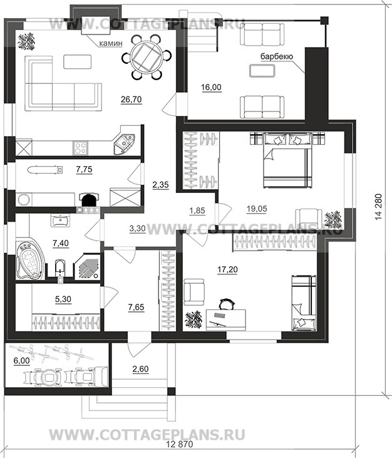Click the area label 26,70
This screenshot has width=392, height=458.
[132, 100]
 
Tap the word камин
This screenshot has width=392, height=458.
[111, 43]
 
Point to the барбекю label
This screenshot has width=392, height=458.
[277, 56]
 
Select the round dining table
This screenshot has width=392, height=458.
[146, 56]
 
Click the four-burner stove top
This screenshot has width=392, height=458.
[80, 147]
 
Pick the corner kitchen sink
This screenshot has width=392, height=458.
[123, 143]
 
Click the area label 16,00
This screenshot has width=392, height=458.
[211, 87]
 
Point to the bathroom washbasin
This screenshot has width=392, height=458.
[60, 221]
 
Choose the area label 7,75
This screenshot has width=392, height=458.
[84, 169]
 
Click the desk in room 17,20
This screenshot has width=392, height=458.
[225, 320]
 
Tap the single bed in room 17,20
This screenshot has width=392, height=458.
[304, 303]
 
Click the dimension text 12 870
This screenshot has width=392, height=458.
[180, 444]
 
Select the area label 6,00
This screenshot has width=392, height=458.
[21, 361]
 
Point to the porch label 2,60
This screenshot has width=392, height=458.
[140, 369]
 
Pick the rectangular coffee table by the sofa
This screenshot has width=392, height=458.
[78, 61]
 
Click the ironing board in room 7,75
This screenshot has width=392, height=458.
[45, 169]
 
